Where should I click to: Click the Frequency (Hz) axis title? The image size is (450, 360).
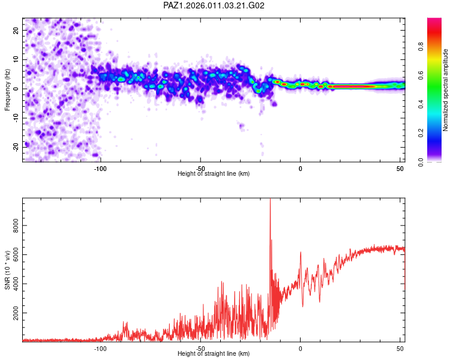7,91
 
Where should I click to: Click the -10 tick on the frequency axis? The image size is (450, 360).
15,118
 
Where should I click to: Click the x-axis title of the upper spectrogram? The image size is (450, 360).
214,174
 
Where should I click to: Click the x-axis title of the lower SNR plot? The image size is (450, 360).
214,354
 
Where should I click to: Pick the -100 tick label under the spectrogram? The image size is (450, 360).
100,168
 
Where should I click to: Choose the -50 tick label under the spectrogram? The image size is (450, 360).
200,168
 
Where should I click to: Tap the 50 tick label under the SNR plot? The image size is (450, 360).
400,348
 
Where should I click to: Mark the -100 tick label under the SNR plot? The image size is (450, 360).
100,348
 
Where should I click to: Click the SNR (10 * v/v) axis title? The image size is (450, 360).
7,271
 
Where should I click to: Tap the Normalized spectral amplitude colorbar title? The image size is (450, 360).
446,91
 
